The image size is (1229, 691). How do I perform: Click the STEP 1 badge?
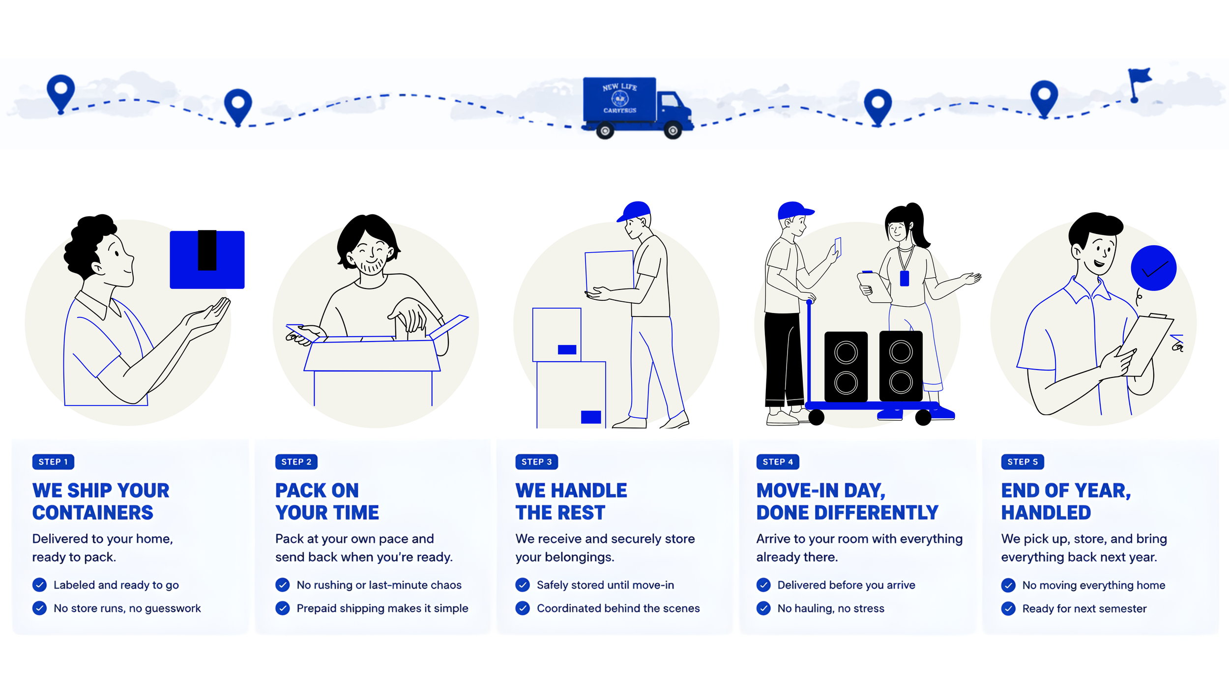coord(53,461)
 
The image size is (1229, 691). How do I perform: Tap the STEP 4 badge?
coord(777,461)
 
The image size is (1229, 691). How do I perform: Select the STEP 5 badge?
coord(1022,461)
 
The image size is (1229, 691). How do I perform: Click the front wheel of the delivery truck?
coord(673,131)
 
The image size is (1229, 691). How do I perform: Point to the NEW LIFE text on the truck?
coord(619,87)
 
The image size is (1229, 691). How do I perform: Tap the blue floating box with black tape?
coord(207,259)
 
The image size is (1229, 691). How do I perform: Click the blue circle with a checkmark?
coord(1153,268)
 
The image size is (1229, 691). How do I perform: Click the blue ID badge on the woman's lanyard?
coord(904,278)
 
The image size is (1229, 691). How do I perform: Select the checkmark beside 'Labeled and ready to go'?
coord(39,584)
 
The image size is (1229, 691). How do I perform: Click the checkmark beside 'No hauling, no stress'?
coord(763,608)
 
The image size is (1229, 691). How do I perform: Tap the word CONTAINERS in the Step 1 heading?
coord(93,513)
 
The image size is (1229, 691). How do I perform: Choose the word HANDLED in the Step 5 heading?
coord(1046,513)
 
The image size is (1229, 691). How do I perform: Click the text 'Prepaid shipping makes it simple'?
coord(382,608)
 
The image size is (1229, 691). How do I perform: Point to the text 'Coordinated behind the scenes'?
coord(618,608)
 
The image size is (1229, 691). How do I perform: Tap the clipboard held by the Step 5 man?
coord(1145,344)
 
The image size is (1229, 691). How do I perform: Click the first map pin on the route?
coord(60,91)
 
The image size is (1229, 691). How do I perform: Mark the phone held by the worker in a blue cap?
coord(838,246)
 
